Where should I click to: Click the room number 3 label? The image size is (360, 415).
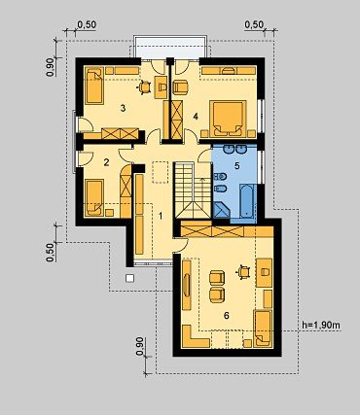[123, 108]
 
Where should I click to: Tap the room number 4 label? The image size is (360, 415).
[196, 117]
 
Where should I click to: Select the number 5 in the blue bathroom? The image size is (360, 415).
[237, 166]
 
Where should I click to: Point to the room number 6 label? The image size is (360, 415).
[227, 315]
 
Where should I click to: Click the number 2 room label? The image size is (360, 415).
[106, 162]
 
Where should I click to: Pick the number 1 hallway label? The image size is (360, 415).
[160, 216]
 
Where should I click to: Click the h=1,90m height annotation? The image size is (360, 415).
[321, 325]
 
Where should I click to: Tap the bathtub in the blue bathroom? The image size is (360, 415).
[248, 201]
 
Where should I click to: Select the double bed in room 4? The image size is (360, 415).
[228, 119]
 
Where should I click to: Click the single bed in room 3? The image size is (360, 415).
[94, 86]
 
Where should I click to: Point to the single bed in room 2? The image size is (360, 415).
[94, 198]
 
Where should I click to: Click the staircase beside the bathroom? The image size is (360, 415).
[193, 190]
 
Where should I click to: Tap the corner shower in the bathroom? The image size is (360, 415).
[222, 210]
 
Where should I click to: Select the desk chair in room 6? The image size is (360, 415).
[243, 272]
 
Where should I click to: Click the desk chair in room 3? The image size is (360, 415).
[144, 86]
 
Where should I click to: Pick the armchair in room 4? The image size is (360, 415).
[180, 87]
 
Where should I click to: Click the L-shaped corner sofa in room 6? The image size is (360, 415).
[195, 337]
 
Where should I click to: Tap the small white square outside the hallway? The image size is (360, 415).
[130, 278]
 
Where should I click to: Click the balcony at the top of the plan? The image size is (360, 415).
[170, 47]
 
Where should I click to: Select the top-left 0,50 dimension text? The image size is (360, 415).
[87, 25]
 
